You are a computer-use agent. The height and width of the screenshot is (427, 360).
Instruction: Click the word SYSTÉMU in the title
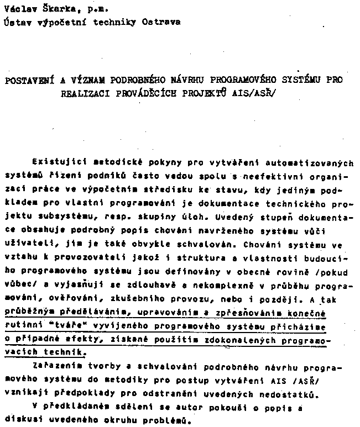pos(299,80)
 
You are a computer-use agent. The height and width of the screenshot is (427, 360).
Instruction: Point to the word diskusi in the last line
pos(22,419)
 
